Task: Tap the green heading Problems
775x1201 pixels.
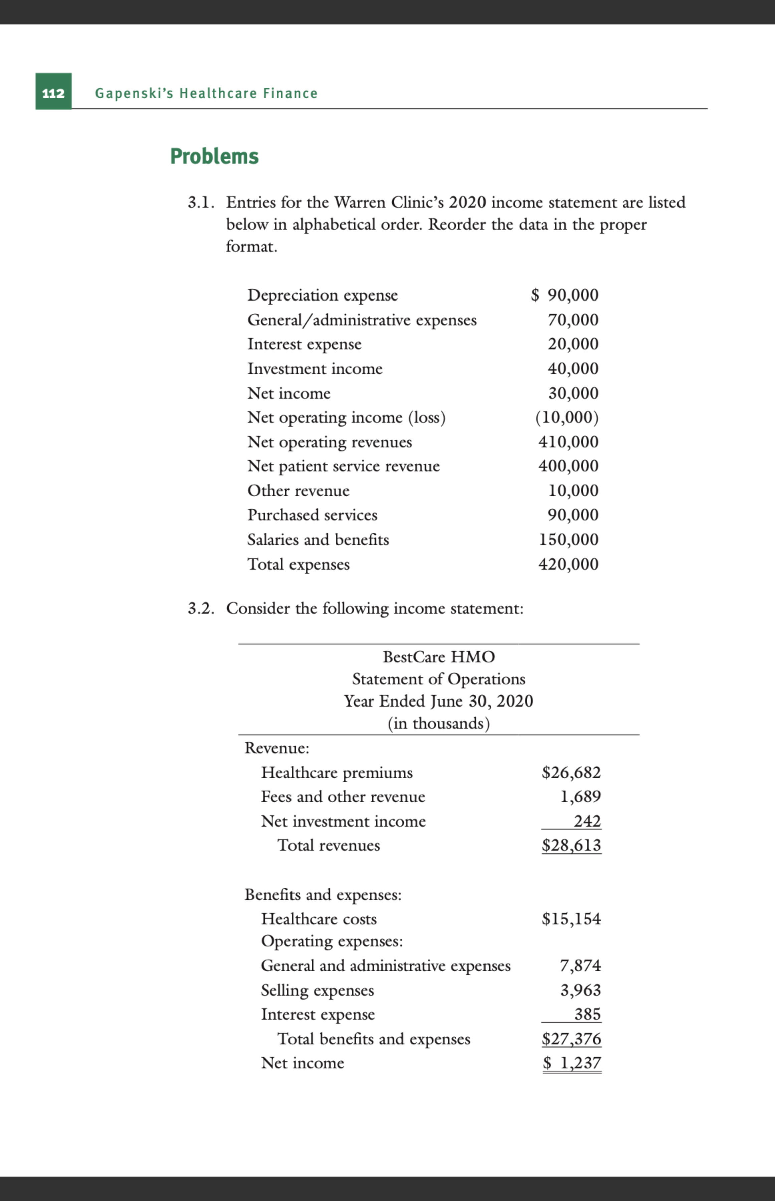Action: pos(214,157)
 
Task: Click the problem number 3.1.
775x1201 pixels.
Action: pos(201,202)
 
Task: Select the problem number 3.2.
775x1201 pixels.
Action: pos(201,608)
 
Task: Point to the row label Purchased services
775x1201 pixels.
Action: pos(312,515)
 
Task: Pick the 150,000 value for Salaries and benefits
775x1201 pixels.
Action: pos(568,539)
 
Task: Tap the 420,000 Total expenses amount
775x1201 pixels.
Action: pos(568,564)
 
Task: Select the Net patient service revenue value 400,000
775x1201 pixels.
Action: pos(568,466)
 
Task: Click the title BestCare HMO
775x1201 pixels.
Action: pos(438,657)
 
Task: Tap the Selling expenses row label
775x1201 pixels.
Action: pos(317,990)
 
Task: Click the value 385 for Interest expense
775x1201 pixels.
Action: pos(587,1014)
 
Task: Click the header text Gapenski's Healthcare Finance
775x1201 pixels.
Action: pos(206,93)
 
